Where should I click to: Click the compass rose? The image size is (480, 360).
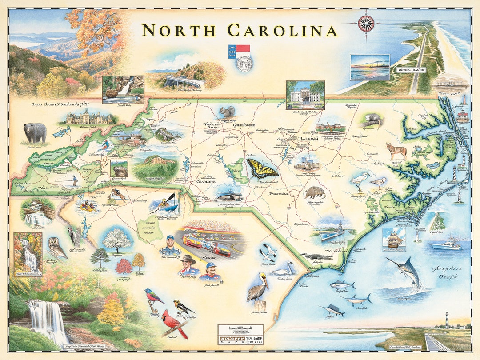click(x=366, y=23)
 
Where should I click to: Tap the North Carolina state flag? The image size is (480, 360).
click(x=239, y=51)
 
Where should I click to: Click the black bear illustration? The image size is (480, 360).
click(x=35, y=132)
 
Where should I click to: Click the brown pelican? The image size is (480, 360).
click(x=257, y=288)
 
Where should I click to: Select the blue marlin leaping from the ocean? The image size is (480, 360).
click(x=405, y=272)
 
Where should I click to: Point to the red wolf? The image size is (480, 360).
click(x=396, y=151)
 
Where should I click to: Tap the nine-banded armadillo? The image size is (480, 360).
click(x=315, y=193)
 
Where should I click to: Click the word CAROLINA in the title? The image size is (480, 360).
click(x=282, y=31)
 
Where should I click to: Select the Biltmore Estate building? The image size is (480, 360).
click(x=89, y=118)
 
